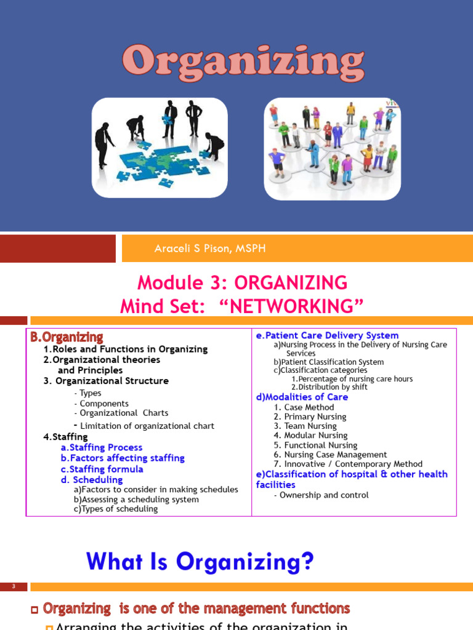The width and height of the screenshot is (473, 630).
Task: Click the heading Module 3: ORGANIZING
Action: [x=242, y=282]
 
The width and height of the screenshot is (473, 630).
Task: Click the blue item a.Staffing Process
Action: [x=101, y=447]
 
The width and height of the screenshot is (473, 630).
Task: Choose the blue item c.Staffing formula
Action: [x=102, y=469]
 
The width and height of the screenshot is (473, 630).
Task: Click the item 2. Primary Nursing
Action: [x=310, y=417]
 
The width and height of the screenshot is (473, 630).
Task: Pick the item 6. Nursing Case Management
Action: [x=331, y=455]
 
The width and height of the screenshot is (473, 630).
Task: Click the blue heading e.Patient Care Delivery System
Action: [x=327, y=335]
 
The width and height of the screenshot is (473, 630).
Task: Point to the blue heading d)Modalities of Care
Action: [x=302, y=397]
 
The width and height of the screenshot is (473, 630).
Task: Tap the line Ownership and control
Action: [x=323, y=495]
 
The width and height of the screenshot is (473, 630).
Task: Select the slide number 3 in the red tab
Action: [x=14, y=587]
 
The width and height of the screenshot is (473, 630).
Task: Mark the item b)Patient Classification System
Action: [x=328, y=362]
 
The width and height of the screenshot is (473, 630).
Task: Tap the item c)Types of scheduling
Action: [x=115, y=509]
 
